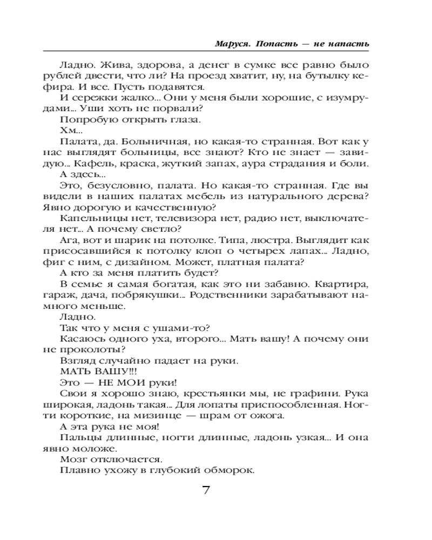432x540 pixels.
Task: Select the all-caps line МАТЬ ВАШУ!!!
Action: [x=93, y=371]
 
